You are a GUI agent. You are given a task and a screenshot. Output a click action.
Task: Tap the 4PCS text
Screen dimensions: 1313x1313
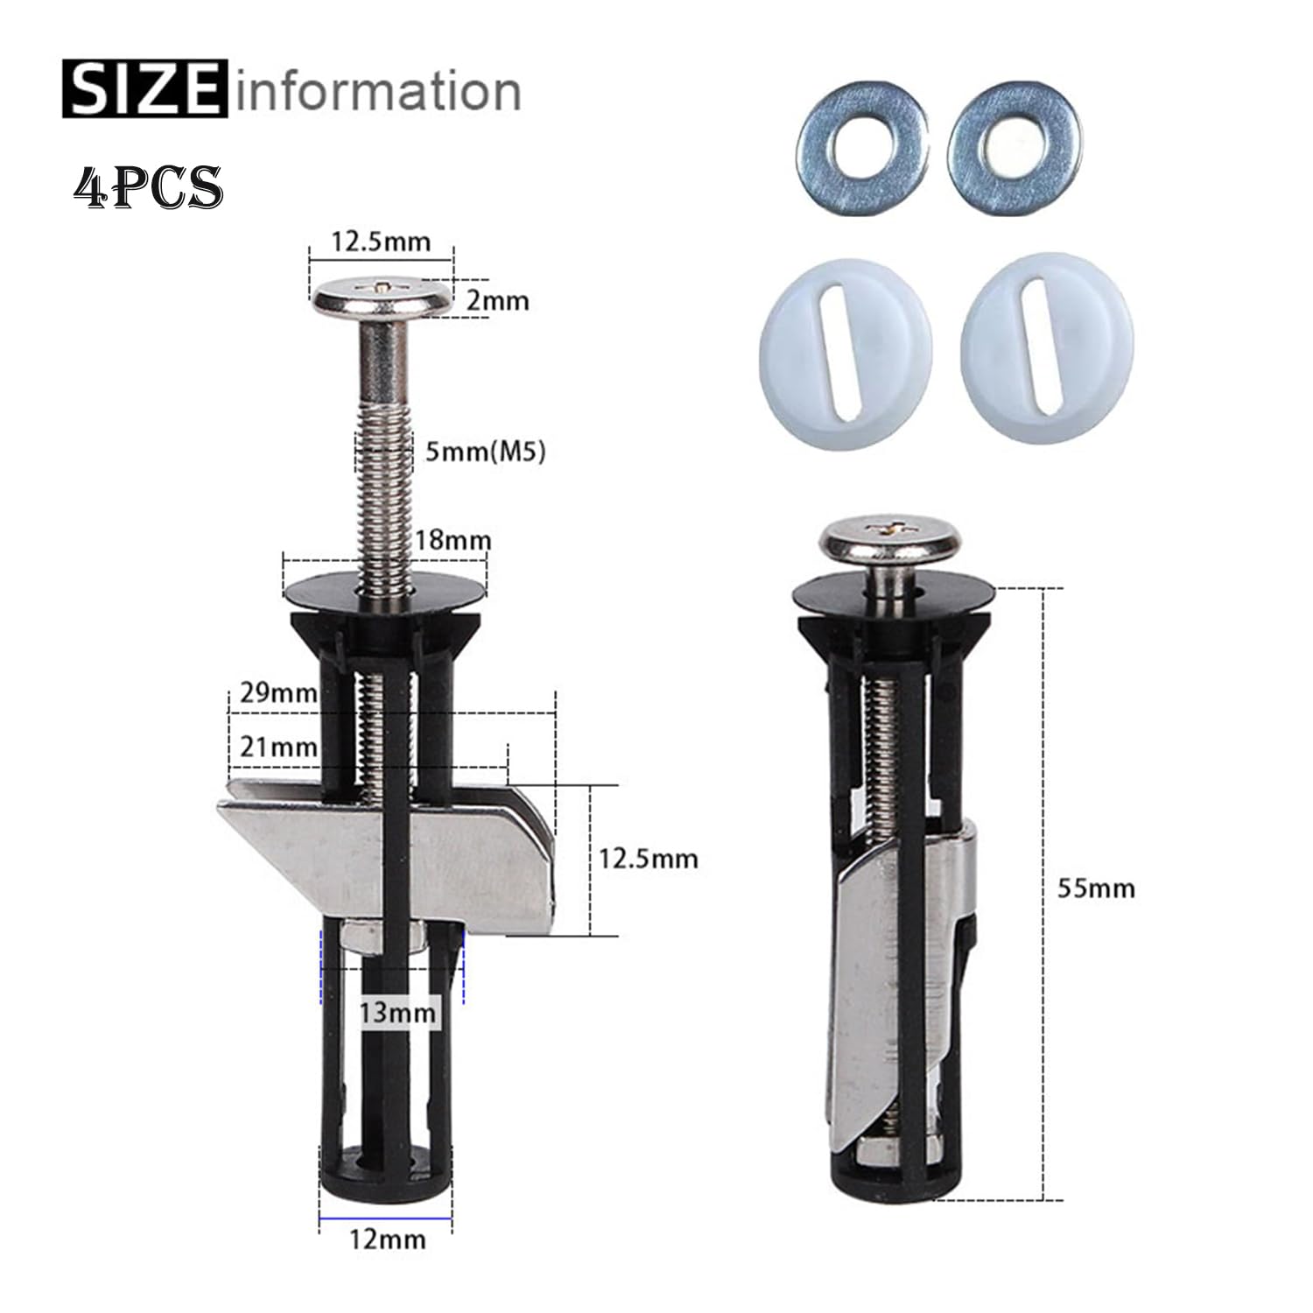click(x=148, y=185)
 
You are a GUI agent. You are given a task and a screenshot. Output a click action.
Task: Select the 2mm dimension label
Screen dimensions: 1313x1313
click(x=498, y=300)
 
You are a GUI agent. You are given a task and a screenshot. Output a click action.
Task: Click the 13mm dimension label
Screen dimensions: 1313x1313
click(x=398, y=1013)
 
